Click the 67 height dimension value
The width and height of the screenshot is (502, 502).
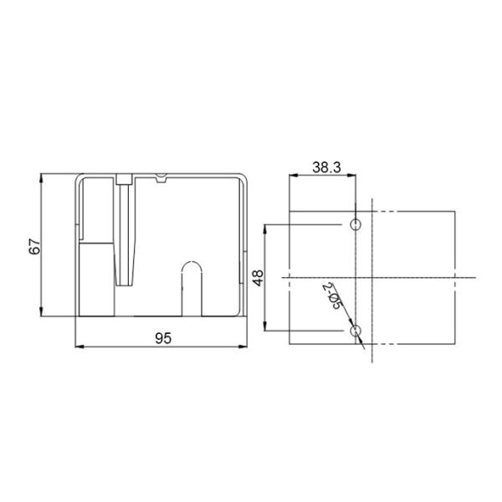coord(34,246)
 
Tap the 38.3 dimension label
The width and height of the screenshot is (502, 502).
coord(325,167)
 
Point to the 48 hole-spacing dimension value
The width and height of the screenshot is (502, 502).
coord(259,278)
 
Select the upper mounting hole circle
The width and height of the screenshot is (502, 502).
coord(356,225)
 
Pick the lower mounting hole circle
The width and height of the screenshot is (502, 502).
coord(356,331)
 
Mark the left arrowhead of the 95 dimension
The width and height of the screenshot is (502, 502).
coord(80,346)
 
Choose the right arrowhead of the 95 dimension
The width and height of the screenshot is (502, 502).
coord(245,346)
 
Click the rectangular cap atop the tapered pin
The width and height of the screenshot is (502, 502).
coord(125,178)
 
